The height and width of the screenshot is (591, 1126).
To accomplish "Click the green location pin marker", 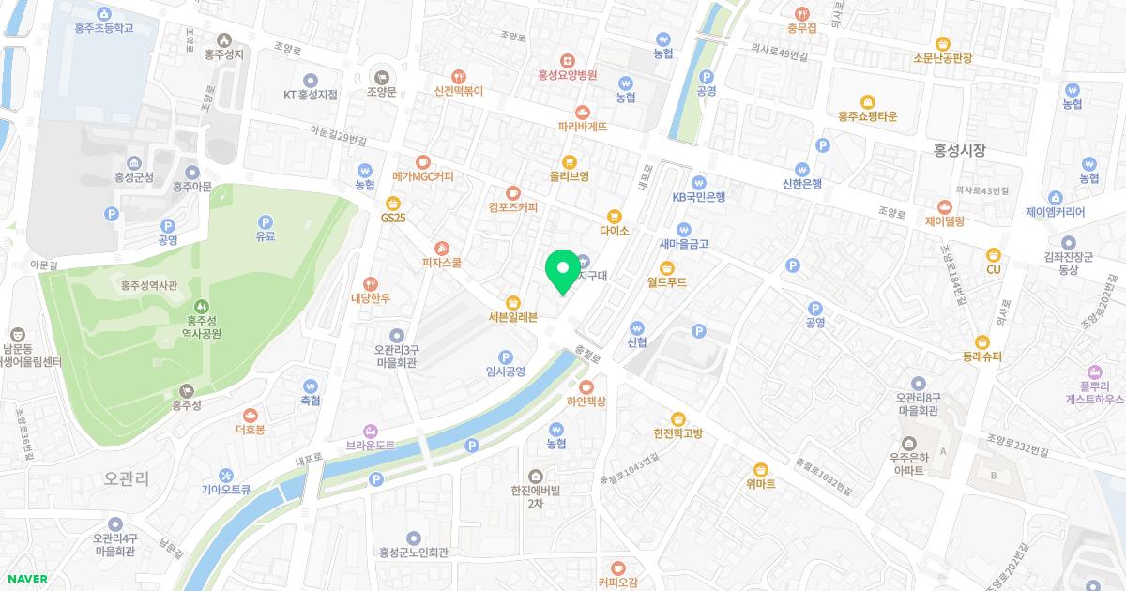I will coord(562,271).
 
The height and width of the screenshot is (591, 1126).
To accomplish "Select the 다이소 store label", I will coord(614,230).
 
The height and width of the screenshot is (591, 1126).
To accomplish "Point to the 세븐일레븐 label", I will coord(513,317).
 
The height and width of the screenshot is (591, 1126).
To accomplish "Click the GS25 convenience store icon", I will coord(393,203).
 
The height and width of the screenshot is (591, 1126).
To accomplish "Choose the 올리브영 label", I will coord(569,175).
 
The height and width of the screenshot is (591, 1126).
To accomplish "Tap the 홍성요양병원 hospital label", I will coord(568,75).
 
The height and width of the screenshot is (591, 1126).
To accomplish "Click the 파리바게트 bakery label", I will coord(582,126).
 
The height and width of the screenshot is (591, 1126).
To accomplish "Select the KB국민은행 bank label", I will coord(698,197).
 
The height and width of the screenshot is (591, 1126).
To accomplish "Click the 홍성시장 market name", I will coord(960,149).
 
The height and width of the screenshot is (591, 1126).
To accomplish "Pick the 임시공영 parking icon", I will coord(506,356).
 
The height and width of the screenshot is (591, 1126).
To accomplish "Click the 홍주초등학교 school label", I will coord(103,28).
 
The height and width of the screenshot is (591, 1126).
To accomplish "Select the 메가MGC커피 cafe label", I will coord(422,175).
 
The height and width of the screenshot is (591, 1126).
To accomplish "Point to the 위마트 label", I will coord(761,484).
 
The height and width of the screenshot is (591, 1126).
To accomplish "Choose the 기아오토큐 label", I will coord(226,489).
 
